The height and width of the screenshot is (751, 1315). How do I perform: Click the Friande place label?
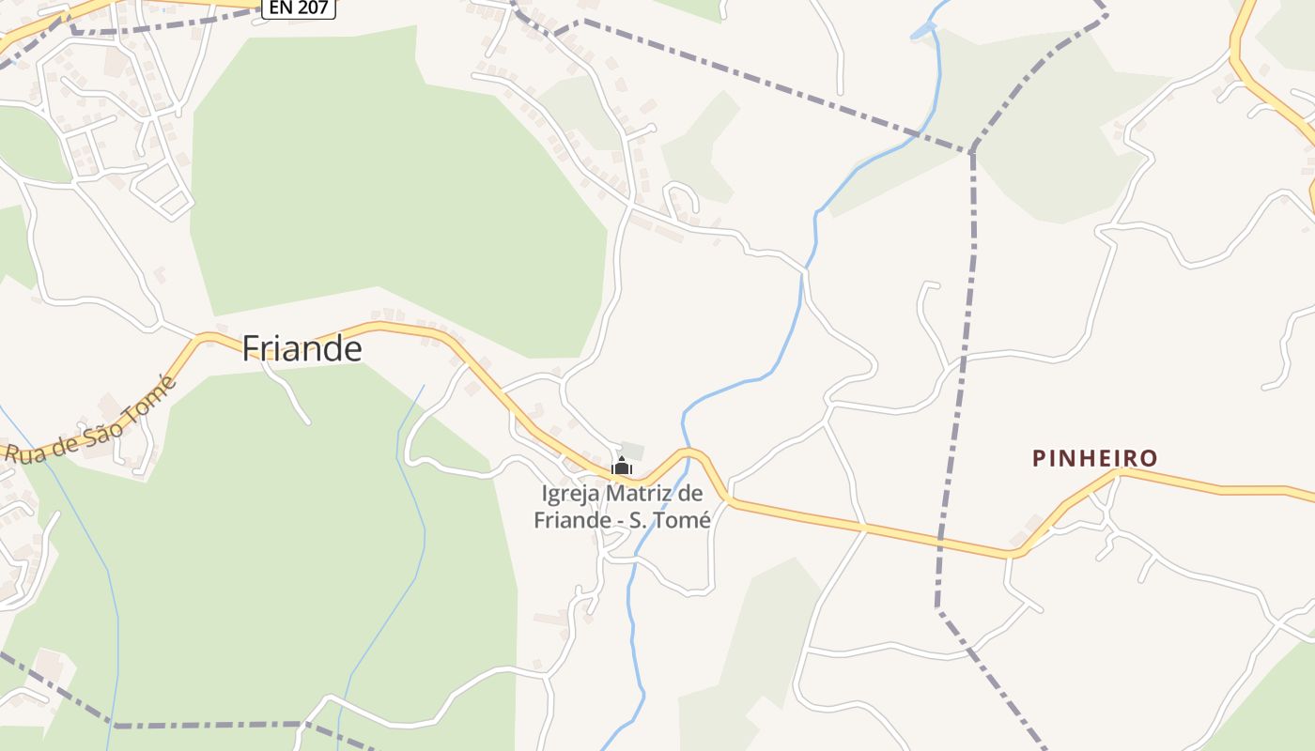[x=302, y=348]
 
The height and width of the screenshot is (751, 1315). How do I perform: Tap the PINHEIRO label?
[x=1094, y=458]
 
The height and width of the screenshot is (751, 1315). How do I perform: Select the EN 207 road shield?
[x=299, y=8]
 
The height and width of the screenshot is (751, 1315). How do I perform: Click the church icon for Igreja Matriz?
[x=622, y=466]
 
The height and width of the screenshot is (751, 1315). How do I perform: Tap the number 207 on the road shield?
[x=313, y=8]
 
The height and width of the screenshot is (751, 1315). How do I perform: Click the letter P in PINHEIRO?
[x=1039, y=458]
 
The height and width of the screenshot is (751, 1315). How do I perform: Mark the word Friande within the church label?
[x=566, y=519]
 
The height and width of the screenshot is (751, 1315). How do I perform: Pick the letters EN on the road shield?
[x=278, y=8]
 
